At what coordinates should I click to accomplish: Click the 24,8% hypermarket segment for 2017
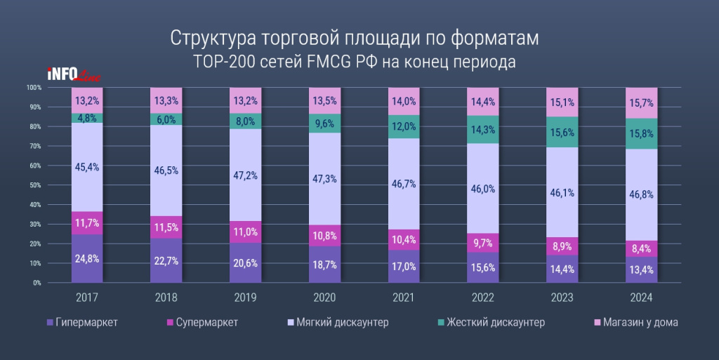pyautogui.click(x=87, y=259)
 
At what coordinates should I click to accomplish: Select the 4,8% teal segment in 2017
pyautogui.click(x=87, y=118)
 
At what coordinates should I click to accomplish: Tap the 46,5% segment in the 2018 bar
pyautogui.click(x=166, y=171)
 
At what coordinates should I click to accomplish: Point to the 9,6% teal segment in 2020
pyautogui.click(x=324, y=124)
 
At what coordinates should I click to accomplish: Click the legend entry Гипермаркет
pyautogui.click(x=81, y=322)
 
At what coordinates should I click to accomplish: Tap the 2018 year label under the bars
pyautogui.click(x=166, y=298)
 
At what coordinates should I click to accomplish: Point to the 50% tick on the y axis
pyautogui.click(x=34, y=185)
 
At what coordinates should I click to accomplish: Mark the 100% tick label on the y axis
pyautogui.click(x=34, y=88)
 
